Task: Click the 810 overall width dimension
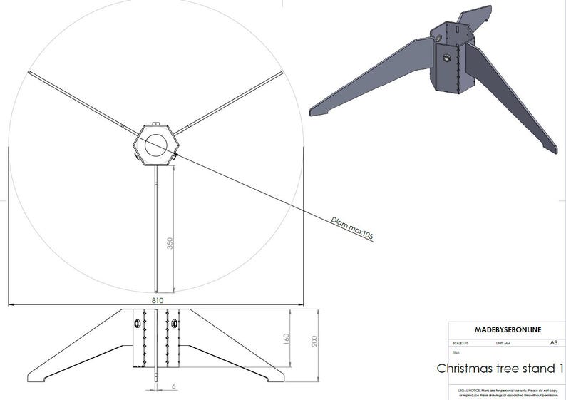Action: coord(157,301)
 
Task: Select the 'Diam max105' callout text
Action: coord(352,227)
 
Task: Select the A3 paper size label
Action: coord(553,343)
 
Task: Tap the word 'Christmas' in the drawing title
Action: coord(468,369)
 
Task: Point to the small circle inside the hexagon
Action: coord(155,145)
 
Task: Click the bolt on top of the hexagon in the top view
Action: coord(156,125)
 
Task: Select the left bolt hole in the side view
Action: coord(135,324)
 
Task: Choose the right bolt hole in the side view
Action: coord(174,324)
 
